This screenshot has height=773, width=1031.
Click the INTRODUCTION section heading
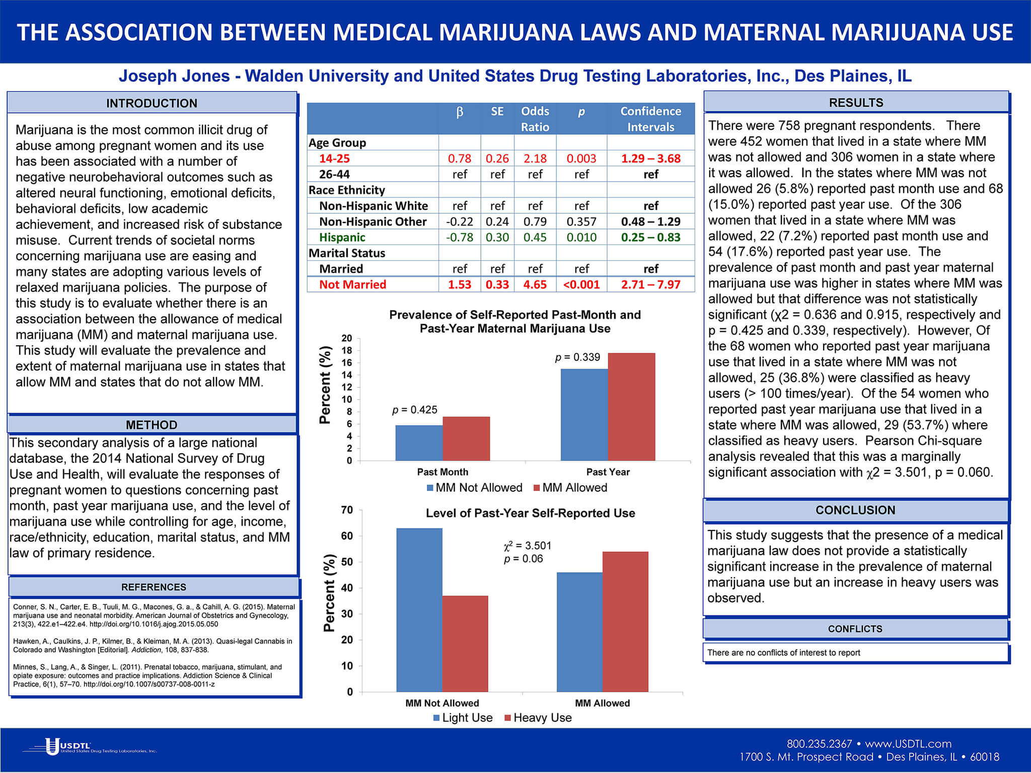[x=152, y=103]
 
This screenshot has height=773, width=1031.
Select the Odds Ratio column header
[x=535, y=119]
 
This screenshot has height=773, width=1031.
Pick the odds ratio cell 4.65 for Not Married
[x=535, y=284]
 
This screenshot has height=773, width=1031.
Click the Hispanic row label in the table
[x=342, y=237]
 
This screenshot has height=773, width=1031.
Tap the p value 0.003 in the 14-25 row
[x=581, y=159]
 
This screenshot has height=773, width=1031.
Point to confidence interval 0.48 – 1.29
[x=650, y=221]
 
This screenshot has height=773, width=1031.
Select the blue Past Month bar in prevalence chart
[x=419, y=443]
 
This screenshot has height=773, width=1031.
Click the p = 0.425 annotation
[x=415, y=410]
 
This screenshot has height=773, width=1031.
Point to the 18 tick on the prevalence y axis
[x=347, y=350]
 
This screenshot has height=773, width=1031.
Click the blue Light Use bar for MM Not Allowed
[x=419, y=609]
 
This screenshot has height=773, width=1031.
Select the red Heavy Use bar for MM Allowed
[x=625, y=622]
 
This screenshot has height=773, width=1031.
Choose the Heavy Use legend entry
[x=538, y=718]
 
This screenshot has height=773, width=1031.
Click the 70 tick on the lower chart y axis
[x=347, y=510]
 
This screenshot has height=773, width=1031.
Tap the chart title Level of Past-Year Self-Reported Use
[x=530, y=513]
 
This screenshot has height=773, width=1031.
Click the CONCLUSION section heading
[x=855, y=510]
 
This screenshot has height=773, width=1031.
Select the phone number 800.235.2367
[x=819, y=744]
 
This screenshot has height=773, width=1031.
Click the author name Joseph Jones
[x=174, y=76]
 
